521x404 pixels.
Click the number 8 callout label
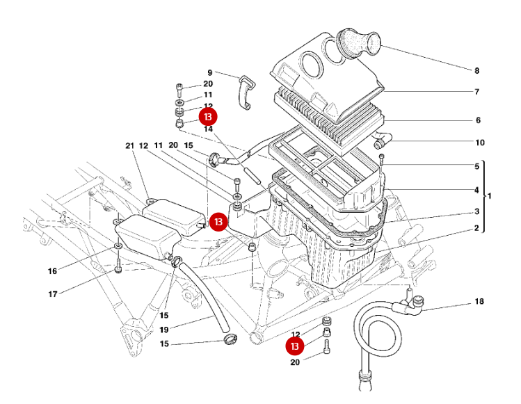tap(477, 70)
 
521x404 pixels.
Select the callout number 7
tap(477, 92)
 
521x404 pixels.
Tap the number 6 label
tap(477, 120)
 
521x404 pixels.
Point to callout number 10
tap(479, 143)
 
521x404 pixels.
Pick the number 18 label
tap(479, 302)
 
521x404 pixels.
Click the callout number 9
tap(209, 72)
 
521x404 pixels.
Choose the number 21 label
tap(129, 146)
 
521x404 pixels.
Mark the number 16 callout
tap(53, 270)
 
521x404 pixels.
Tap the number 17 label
tap(53, 294)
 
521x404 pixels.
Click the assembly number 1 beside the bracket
tap(490, 196)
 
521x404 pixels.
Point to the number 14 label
tap(208, 129)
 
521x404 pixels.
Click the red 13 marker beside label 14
tap(208, 117)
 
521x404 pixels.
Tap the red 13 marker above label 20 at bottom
tap(296, 346)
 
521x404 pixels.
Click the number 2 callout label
tap(477, 228)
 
